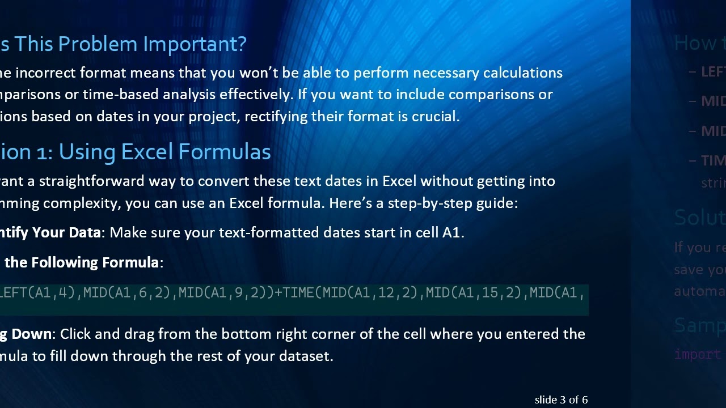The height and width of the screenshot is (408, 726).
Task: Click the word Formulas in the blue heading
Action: coord(224,152)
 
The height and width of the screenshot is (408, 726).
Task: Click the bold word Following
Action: coord(65,262)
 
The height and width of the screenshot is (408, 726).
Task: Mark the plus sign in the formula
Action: coord(278,293)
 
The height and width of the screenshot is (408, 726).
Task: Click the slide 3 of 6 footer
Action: coord(561,400)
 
